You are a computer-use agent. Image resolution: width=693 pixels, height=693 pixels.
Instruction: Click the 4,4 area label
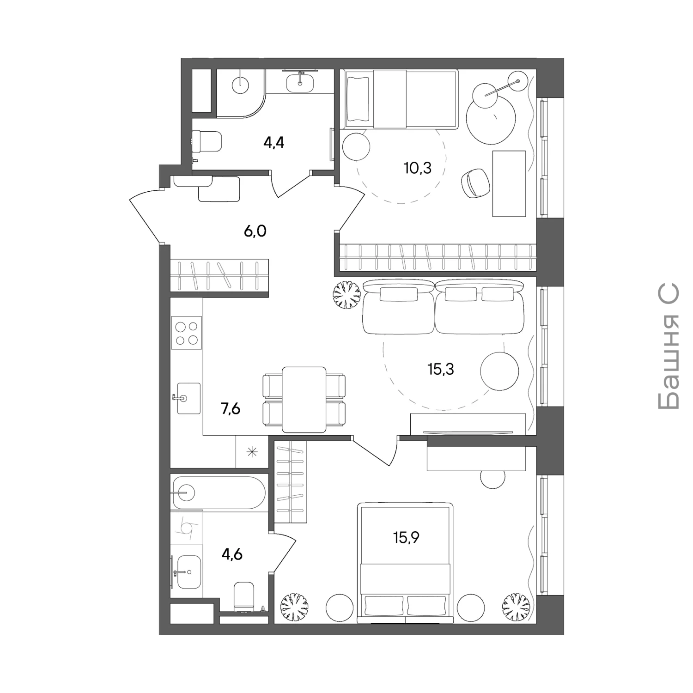[x=274, y=142]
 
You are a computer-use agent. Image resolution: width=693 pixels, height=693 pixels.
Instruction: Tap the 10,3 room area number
[x=418, y=168]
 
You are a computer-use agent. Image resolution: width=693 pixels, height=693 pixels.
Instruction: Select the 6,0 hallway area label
[x=255, y=231]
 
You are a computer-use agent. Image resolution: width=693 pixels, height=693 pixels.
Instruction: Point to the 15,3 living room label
[x=441, y=369]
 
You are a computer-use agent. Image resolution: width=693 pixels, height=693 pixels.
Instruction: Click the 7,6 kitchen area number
[x=231, y=409]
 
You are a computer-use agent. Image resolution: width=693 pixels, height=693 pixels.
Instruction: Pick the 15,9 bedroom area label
[x=406, y=538]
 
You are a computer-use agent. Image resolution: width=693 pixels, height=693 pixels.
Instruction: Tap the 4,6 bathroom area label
[x=232, y=554]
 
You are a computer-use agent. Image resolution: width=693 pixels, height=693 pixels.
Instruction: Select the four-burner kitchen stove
[x=187, y=333]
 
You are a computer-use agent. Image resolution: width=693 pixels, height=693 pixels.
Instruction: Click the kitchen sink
[x=189, y=398]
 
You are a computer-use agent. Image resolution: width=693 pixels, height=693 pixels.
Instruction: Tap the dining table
[x=304, y=400]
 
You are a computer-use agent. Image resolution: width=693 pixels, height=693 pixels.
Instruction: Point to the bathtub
[x=218, y=493]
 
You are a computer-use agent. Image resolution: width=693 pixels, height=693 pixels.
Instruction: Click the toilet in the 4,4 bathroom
[x=207, y=141]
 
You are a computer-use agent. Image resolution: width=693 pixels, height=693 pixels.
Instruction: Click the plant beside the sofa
[x=346, y=295]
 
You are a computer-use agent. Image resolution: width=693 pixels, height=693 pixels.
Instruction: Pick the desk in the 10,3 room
[x=509, y=183]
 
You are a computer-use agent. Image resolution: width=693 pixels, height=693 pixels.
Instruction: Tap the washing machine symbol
[x=187, y=527]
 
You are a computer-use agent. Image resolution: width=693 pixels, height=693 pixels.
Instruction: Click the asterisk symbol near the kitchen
[x=252, y=452]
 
